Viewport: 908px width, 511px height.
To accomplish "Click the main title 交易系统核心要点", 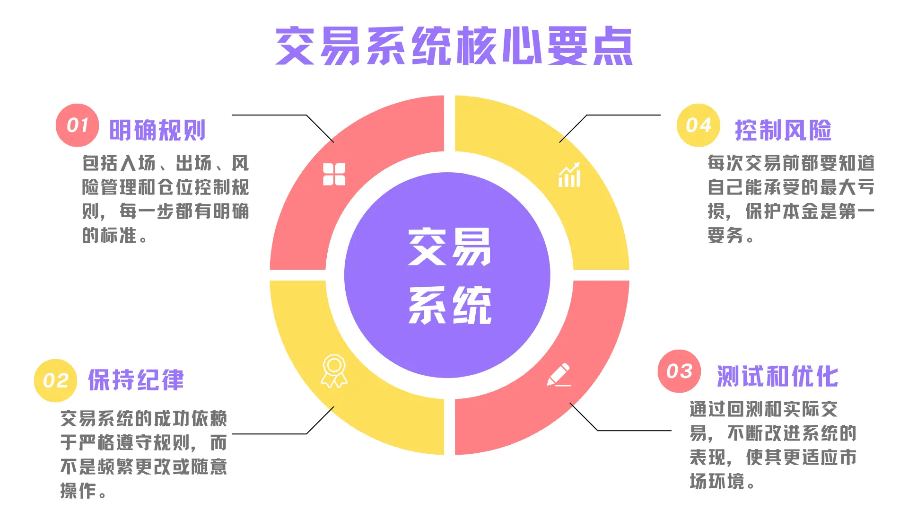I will pos(454,46).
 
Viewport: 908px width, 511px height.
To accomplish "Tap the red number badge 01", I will pos(77,125).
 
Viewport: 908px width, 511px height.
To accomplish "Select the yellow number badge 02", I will pos(55,380).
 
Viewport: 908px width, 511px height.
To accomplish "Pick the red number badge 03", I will pos(679,371).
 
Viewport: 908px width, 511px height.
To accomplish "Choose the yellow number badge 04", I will pos(698,125).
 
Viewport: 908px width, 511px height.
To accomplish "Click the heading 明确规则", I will pos(157,130).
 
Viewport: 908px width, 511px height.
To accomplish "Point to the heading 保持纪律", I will pos(136,380).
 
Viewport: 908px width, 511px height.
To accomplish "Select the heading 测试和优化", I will pos(777,377).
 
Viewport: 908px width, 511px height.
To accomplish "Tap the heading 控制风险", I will pos(783,130).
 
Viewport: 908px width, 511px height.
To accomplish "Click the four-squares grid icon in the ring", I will pos(334,174).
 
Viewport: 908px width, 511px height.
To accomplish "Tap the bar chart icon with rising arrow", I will pos(569,175).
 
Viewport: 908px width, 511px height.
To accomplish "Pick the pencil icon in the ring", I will pos(559,375).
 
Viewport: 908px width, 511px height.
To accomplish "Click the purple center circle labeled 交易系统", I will pos(447,275).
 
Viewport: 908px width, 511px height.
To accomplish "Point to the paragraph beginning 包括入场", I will pos(165,199).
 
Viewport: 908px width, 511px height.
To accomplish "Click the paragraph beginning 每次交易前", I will pos(791,199).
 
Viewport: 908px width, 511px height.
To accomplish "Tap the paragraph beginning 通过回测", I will pos(773,445).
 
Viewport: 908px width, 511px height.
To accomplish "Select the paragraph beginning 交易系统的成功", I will pos(144,454).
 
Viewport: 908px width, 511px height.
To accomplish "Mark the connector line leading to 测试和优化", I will pos(634,431).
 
